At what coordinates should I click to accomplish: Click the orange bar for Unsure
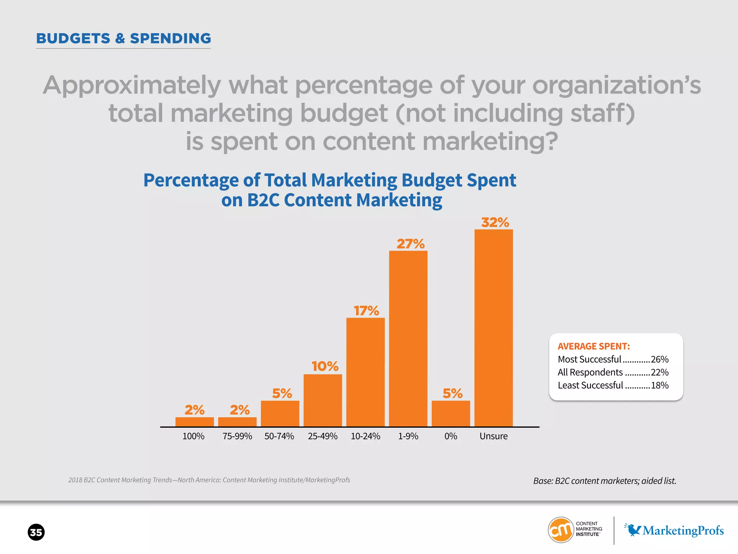coord(493,328)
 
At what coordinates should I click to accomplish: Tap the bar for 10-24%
coord(365,372)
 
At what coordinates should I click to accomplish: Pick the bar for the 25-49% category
coord(323,400)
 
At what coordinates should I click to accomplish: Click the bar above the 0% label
coord(450,413)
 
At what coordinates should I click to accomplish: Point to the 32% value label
coord(495,222)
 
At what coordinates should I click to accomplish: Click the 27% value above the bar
coord(410,244)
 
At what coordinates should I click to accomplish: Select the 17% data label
coord(366,311)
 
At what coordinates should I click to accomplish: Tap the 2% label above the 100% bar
coord(194,410)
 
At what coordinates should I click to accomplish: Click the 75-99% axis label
coord(237,436)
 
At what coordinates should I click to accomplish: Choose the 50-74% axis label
coord(279,436)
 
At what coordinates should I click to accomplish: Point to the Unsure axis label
coord(493,436)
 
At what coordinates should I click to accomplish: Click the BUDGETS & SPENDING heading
coord(124,38)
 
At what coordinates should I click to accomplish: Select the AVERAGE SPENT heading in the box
coord(593,346)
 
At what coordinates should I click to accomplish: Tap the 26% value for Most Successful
coord(659,359)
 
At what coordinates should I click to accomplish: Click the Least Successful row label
coord(590,385)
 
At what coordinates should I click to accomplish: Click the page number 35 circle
coord(36,532)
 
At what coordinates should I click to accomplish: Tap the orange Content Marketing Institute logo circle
coord(560,530)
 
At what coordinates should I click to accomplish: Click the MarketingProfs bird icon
coord(633,529)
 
